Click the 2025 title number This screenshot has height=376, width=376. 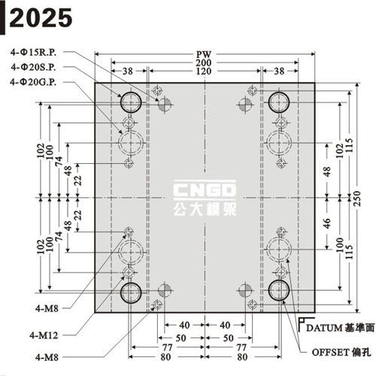coord(41,17)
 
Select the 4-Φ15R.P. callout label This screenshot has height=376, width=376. coord(33,53)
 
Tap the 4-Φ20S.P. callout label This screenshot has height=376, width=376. coord(33,67)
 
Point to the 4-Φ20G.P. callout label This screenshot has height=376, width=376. coord(33,82)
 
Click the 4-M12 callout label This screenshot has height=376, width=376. coord(44,335)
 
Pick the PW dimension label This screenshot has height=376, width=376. coord(204,54)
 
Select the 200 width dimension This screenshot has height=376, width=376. coord(204,62)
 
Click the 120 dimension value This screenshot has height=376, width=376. coord(204,71)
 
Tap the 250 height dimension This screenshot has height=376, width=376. coord(356,199)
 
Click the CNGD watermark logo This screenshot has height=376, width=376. coord(205,190)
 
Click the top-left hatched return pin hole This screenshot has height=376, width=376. coord(165,104)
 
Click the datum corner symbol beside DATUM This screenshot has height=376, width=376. coord(300,325)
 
